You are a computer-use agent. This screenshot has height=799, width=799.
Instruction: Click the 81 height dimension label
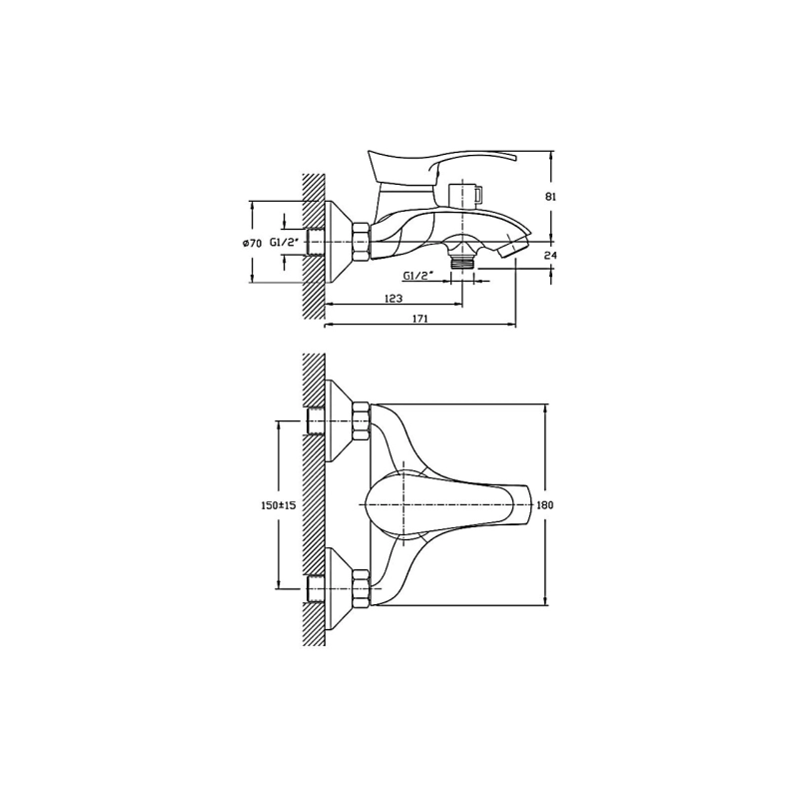[551, 197]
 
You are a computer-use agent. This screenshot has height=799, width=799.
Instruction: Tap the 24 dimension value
[551, 256]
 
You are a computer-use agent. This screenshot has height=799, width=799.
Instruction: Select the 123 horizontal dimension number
[393, 298]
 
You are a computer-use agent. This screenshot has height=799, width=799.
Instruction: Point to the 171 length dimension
[419, 319]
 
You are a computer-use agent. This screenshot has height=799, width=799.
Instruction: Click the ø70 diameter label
[252, 244]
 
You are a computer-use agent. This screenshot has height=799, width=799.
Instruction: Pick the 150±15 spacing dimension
[279, 505]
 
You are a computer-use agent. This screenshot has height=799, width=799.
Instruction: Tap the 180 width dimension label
[545, 505]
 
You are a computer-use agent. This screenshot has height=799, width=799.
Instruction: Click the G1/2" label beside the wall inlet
[285, 243]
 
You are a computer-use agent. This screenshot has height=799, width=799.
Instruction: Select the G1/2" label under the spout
[417, 276]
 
